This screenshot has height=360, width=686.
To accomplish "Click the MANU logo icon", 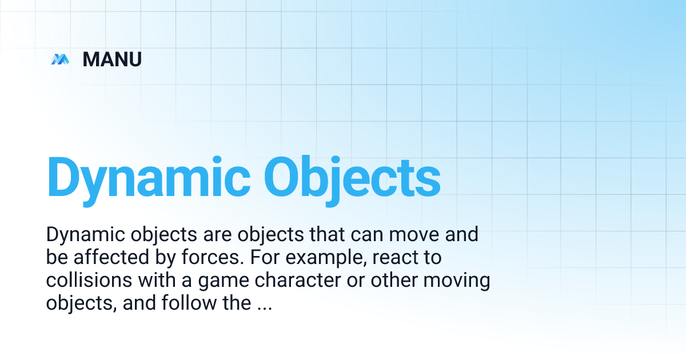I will point(59,59).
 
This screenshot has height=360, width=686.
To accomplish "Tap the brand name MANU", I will point(112,59).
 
